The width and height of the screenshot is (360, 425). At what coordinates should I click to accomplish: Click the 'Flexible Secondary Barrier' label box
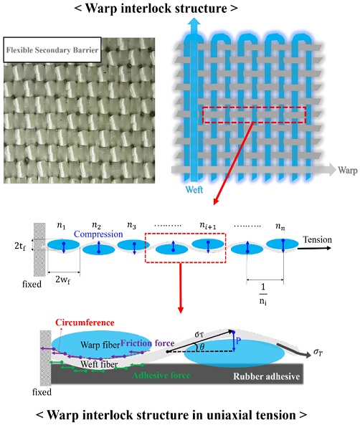point(52,50)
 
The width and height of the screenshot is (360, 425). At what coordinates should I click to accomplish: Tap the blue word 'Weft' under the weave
point(194,189)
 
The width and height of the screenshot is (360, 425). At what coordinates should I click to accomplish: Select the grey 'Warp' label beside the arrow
point(348,171)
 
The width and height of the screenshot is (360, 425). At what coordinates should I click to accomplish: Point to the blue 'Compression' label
point(98,234)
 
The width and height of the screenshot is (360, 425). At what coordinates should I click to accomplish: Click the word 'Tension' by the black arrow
point(317,239)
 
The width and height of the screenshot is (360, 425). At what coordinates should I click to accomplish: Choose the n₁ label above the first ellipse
point(61,226)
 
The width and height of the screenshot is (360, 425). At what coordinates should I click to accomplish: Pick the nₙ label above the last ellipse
point(280,226)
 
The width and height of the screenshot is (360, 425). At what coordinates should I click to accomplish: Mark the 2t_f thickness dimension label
point(20,246)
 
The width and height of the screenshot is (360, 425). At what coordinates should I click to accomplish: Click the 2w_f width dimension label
point(62,280)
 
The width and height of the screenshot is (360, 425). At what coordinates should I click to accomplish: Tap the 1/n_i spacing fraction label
point(263,294)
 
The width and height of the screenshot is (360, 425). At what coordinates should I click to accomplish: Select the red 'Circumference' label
point(85,323)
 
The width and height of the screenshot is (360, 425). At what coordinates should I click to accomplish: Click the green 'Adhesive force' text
point(161,375)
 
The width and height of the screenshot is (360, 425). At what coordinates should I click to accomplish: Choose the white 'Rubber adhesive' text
point(266,376)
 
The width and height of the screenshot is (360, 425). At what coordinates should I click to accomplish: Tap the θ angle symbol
point(202,346)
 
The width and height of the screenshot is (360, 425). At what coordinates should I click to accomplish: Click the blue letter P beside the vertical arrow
point(238,340)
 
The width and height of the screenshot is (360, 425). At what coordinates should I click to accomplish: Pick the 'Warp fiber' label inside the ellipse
point(100,345)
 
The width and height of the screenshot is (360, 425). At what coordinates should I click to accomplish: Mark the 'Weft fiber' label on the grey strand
point(99,364)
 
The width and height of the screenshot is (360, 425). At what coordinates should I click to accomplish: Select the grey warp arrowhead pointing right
point(331,170)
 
